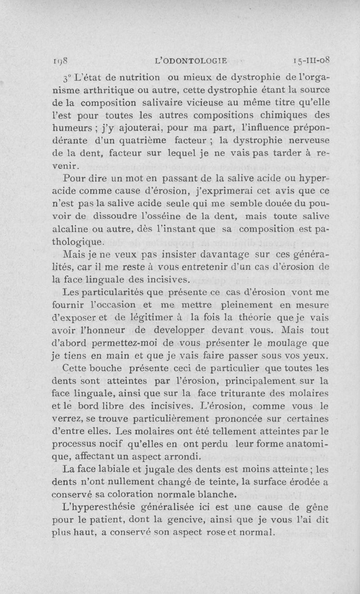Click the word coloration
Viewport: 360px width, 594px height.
[x=126, y=495]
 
